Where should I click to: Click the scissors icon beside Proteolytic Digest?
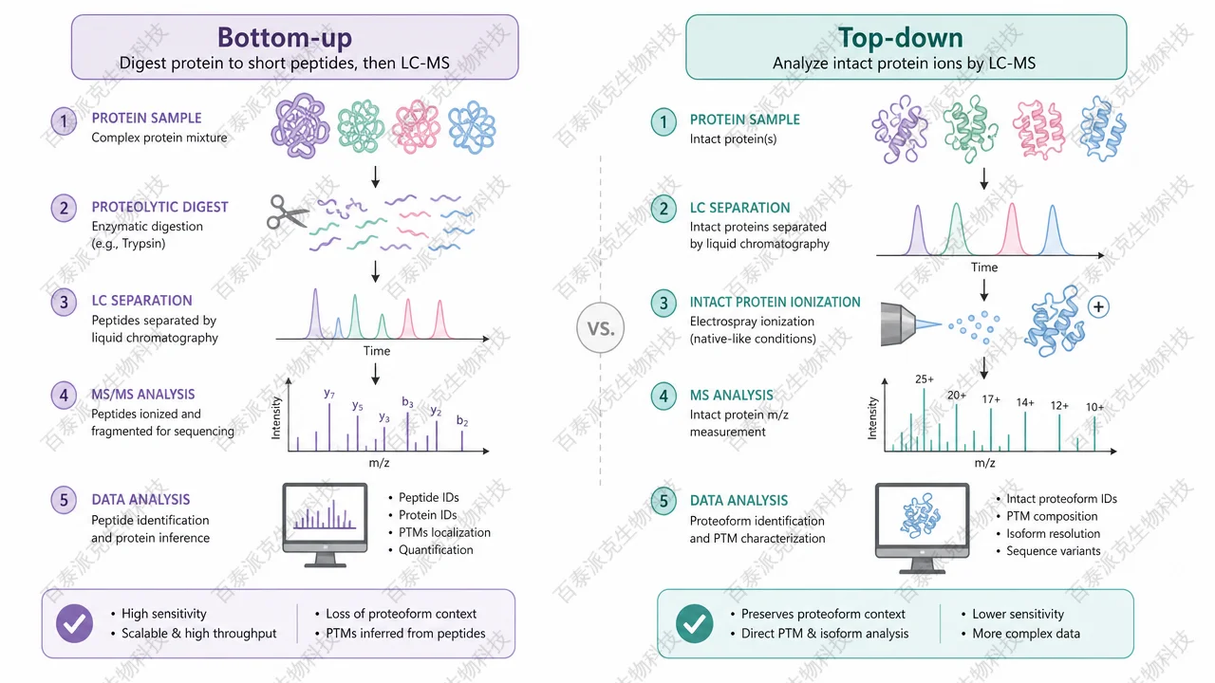click(287, 212)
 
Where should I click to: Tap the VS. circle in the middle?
click(601, 328)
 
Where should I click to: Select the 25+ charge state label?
click(925, 379)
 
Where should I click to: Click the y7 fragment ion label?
click(329, 394)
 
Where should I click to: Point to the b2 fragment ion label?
click(462, 420)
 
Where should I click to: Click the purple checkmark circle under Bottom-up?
click(74, 623)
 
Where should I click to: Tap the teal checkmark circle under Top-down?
click(694, 623)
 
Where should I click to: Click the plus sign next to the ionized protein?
click(1098, 306)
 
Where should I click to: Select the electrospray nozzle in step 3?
click(898, 324)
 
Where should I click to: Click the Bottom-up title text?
click(285, 37)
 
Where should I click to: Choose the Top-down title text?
click(901, 37)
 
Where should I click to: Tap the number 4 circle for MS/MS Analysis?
click(64, 396)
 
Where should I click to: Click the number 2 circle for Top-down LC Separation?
click(664, 209)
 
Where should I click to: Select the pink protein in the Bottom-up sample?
click(416, 127)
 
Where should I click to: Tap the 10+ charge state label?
click(1094, 407)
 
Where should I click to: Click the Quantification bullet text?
click(436, 549)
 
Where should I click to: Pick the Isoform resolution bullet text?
click(1054, 533)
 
